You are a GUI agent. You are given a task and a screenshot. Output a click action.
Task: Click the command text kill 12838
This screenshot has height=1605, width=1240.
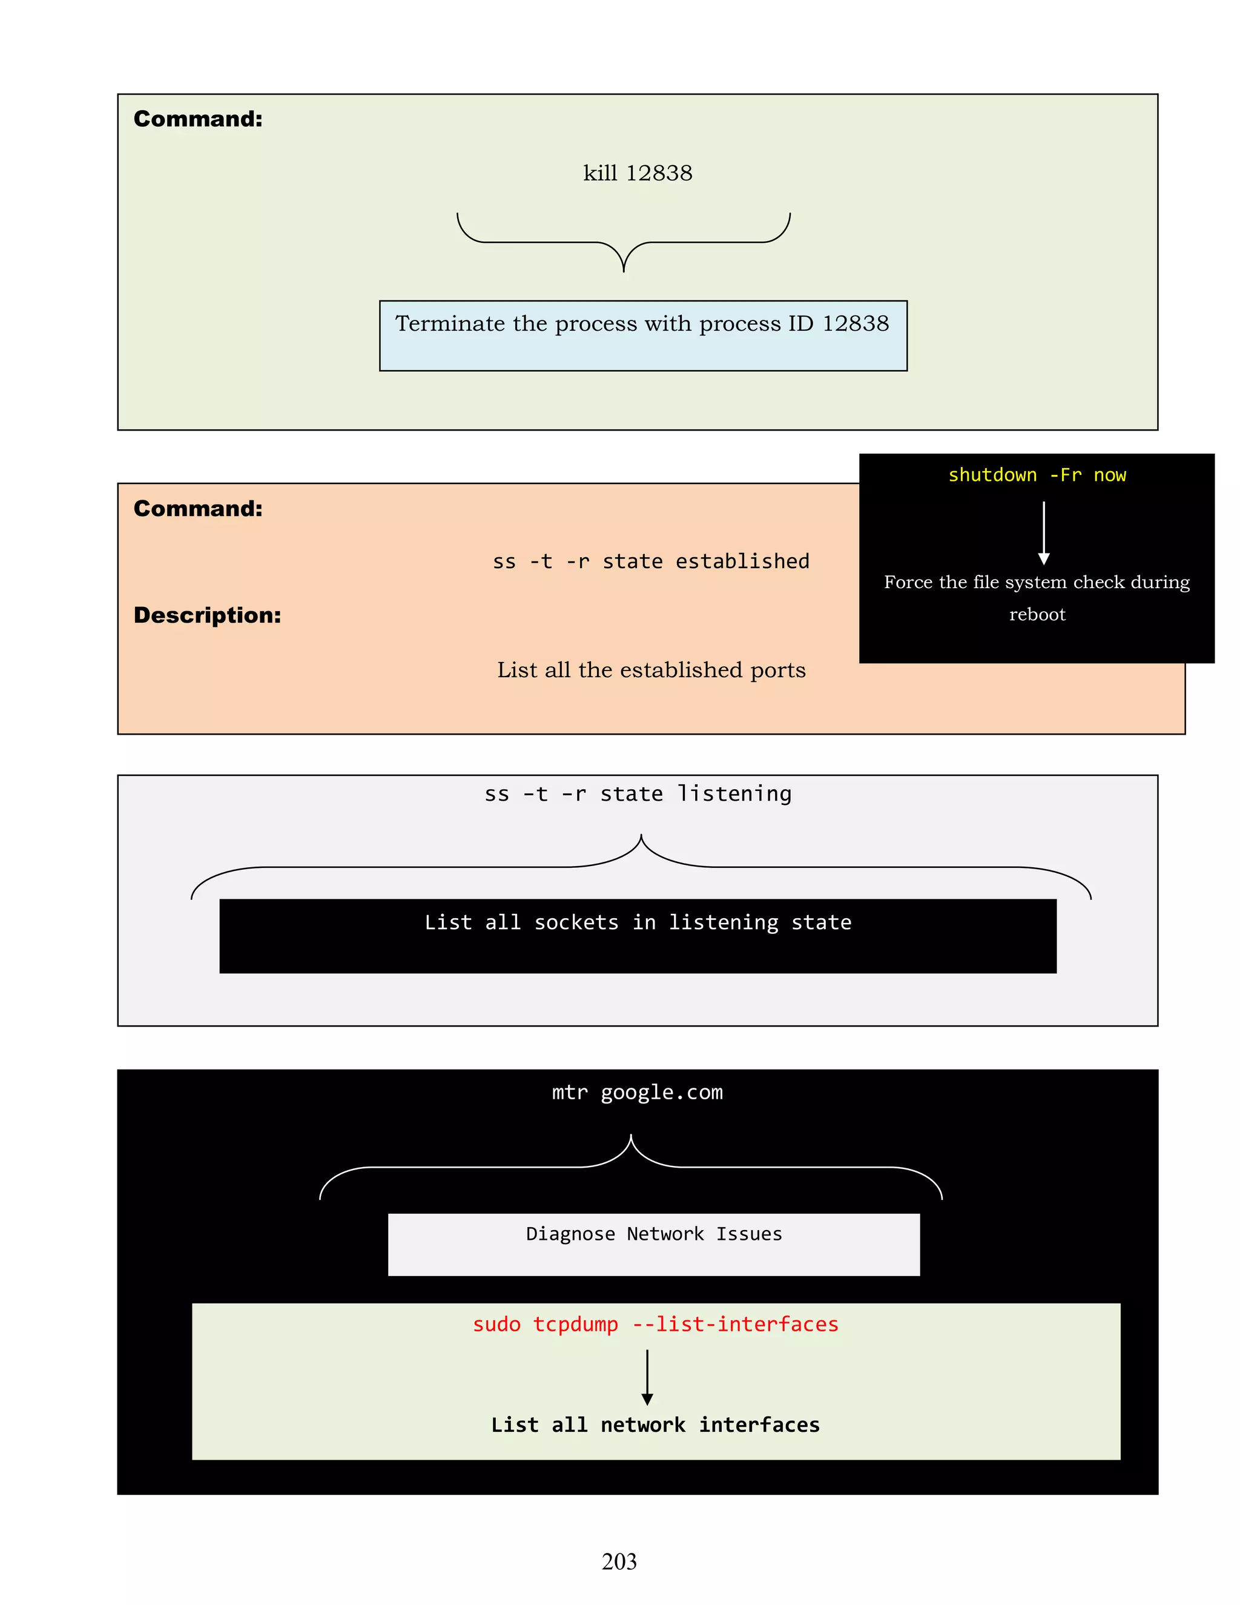coord(637,173)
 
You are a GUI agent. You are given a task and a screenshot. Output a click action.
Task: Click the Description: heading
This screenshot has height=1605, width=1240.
coord(207,615)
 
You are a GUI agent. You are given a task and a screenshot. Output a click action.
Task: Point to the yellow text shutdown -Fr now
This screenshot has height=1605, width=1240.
coord(1036,475)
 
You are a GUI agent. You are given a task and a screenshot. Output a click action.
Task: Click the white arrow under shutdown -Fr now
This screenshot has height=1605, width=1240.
coord(1043,533)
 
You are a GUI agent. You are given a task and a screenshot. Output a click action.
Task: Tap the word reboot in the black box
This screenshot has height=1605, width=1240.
coord(1037,614)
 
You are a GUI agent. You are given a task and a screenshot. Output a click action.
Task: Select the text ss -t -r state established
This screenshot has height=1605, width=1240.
coord(651,561)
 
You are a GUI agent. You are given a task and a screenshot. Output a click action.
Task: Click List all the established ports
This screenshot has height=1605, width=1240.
coord(651,670)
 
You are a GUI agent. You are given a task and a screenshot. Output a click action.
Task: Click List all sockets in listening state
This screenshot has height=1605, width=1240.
coord(638,922)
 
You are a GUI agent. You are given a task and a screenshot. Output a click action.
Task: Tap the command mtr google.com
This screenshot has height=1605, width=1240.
coord(637,1093)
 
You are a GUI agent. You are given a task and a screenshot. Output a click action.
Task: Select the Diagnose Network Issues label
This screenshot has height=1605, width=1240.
coord(653,1234)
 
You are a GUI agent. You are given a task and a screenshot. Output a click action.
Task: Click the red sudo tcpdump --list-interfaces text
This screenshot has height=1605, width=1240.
coord(655,1324)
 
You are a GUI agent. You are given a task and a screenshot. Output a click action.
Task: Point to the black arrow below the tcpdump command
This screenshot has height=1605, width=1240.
coord(647,1377)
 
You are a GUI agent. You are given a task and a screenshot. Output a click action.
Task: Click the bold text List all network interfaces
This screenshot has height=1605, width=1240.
coord(655,1425)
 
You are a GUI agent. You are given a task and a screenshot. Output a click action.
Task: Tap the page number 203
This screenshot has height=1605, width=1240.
coord(619,1561)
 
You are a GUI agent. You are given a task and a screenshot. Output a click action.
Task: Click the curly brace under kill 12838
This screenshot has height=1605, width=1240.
coord(623,242)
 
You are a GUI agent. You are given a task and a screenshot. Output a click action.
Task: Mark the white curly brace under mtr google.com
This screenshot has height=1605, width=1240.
coord(630,1167)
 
